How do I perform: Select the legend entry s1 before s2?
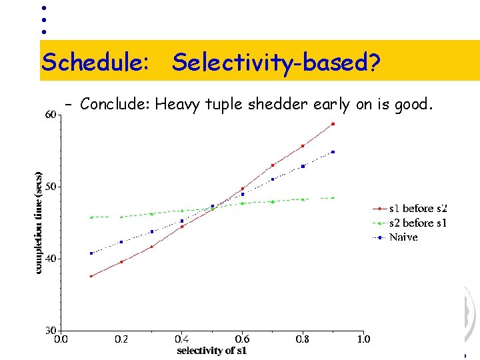tap(417, 209)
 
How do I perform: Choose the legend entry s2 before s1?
tap(417, 223)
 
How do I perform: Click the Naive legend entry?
tap(403, 237)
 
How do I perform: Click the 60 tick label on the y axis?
tap(50, 115)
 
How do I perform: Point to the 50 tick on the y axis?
tap(50, 187)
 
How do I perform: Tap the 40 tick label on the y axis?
tap(50, 259)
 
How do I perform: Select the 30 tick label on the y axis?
tap(50, 331)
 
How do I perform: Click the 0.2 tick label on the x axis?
tap(121, 339)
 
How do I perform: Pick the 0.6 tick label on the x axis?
tap(242, 339)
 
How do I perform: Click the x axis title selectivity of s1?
tap(211, 351)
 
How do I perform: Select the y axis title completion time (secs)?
tap(39, 223)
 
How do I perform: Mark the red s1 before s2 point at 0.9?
tap(333, 124)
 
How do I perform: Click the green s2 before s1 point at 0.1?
tap(91, 217)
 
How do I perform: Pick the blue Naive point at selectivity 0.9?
tap(333, 152)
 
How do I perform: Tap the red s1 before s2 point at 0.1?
tap(91, 276)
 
